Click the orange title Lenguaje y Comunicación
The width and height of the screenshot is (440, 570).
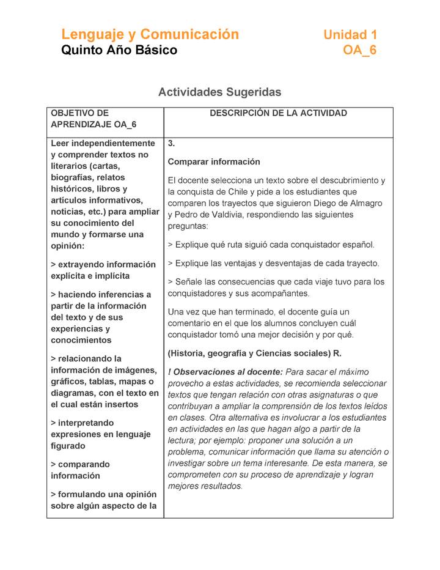150,34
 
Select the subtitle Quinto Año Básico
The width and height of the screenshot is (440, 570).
119,50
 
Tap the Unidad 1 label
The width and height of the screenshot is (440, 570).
350,35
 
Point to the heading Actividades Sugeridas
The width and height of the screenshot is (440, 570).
219,92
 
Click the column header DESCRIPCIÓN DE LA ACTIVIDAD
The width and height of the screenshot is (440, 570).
278,113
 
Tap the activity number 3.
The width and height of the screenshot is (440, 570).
171,144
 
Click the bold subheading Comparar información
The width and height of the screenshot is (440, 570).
214,162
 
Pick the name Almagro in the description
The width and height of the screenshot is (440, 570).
365,203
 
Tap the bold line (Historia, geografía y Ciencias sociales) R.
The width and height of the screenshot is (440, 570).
254,353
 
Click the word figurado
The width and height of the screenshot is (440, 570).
68,446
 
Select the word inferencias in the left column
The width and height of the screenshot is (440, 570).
119,295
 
